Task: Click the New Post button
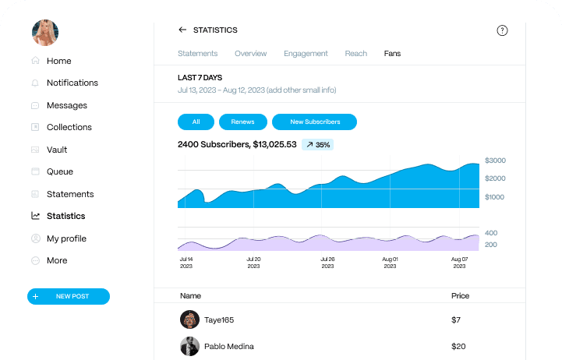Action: point(69,296)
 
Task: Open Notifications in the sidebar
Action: point(72,83)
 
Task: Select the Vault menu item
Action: point(57,150)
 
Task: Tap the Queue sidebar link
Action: point(59,171)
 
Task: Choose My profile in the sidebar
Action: point(66,238)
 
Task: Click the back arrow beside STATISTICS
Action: point(182,30)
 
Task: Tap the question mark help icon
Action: point(502,30)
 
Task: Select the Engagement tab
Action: point(306,54)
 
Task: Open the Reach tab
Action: point(355,54)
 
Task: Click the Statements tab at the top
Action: point(197,54)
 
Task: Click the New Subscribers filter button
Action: point(314,122)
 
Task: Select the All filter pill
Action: point(196,122)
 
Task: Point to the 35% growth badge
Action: point(317,144)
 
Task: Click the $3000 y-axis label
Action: point(495,161)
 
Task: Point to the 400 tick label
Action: point(491,233)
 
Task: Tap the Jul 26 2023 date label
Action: point(327,263)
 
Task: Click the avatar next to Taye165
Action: point(189,319)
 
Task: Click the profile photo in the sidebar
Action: point(44,33)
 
